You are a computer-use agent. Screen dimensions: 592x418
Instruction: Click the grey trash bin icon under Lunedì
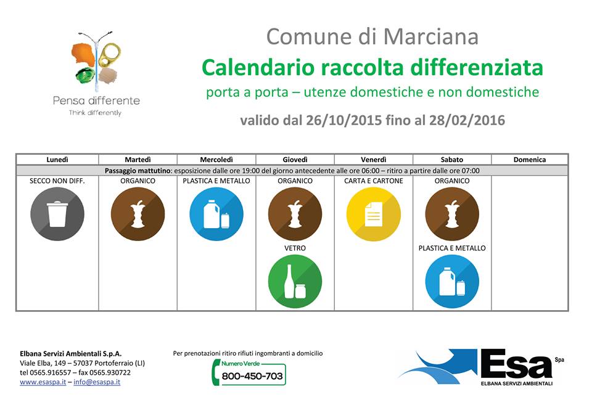pos(57,214)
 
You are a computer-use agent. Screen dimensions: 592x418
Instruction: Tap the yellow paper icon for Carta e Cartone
pos(374,214)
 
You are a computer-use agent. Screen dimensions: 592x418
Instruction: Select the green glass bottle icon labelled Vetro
pos(295,281)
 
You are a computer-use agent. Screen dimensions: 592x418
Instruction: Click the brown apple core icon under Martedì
pos(138,214)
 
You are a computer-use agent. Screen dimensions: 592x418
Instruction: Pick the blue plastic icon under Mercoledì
pos(216,214)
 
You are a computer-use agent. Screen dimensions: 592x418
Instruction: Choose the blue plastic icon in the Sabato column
pos(452,281)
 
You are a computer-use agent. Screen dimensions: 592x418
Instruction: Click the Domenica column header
pos(530,160)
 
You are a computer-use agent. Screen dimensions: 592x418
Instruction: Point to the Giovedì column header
pos(295,160)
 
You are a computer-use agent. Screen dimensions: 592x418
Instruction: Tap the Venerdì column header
pos(374,160)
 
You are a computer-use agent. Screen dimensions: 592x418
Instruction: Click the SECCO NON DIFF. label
pos(57,181)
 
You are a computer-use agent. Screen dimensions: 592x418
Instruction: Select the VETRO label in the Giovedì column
pos(295,248)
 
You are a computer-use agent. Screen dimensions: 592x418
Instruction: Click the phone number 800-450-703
pos(252,376)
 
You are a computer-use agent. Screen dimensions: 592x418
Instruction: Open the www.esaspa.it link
pos(43,382)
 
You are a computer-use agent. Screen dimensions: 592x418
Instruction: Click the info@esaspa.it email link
pos(97,382)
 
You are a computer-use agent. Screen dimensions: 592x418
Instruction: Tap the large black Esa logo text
pos(516,364)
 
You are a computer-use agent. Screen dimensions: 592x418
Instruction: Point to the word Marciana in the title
pos(431,36)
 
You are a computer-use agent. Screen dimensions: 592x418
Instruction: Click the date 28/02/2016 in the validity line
pos(467,120)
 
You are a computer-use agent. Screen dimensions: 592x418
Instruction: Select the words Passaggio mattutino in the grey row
pos(138,171)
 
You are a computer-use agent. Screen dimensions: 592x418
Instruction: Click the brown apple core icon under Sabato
pos(452,214)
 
